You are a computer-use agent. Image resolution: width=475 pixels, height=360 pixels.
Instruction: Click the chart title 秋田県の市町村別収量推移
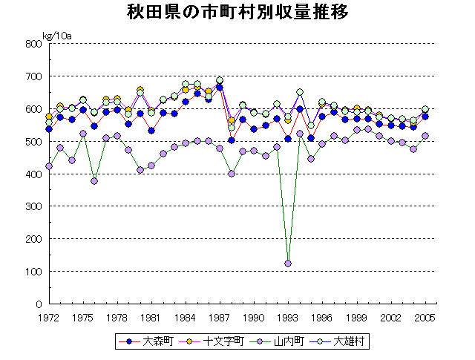click(x=237, y=13)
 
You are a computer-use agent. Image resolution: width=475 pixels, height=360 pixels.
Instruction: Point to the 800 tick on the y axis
click(x=32, y=44)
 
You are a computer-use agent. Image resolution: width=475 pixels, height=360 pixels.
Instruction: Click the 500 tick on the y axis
click(x=32, y=142)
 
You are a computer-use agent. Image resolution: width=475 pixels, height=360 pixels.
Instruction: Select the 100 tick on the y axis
click(x=32, y=272)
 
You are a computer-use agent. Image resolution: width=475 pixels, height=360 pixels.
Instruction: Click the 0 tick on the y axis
click(x=38, y=304)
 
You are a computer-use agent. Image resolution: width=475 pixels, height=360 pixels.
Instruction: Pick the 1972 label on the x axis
click(x=49, y=317)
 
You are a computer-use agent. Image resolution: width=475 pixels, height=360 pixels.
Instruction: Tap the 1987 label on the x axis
click(x=219, y=317)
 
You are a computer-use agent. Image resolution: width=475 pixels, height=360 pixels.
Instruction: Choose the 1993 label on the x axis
click(x=288, y=317)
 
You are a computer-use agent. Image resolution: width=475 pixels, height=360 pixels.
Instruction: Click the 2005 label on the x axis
click(x=425, y=317)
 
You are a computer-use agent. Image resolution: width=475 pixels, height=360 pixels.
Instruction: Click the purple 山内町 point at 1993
click(x=288, y=264)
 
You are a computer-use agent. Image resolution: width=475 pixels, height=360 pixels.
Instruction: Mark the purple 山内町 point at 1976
click(x=94, y=181)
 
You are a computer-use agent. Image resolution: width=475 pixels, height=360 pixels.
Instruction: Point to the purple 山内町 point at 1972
click(x=49, y=166)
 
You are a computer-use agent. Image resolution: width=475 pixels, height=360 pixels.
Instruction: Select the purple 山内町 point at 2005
click(x=425, y=136)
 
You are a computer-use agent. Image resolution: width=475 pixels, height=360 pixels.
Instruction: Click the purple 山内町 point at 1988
click(x=231, y=174)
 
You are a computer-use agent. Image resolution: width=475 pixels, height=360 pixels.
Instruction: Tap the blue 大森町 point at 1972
click(x=49, y=129)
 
